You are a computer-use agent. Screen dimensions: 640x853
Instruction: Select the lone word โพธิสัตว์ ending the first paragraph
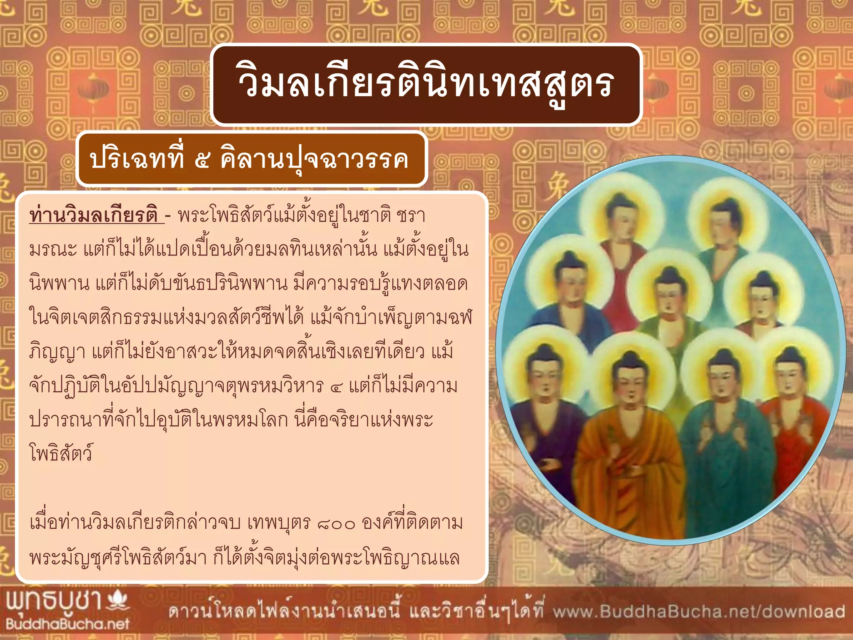61,453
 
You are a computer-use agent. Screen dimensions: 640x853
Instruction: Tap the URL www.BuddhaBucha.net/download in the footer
699,612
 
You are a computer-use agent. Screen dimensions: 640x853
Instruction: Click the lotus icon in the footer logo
118,600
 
